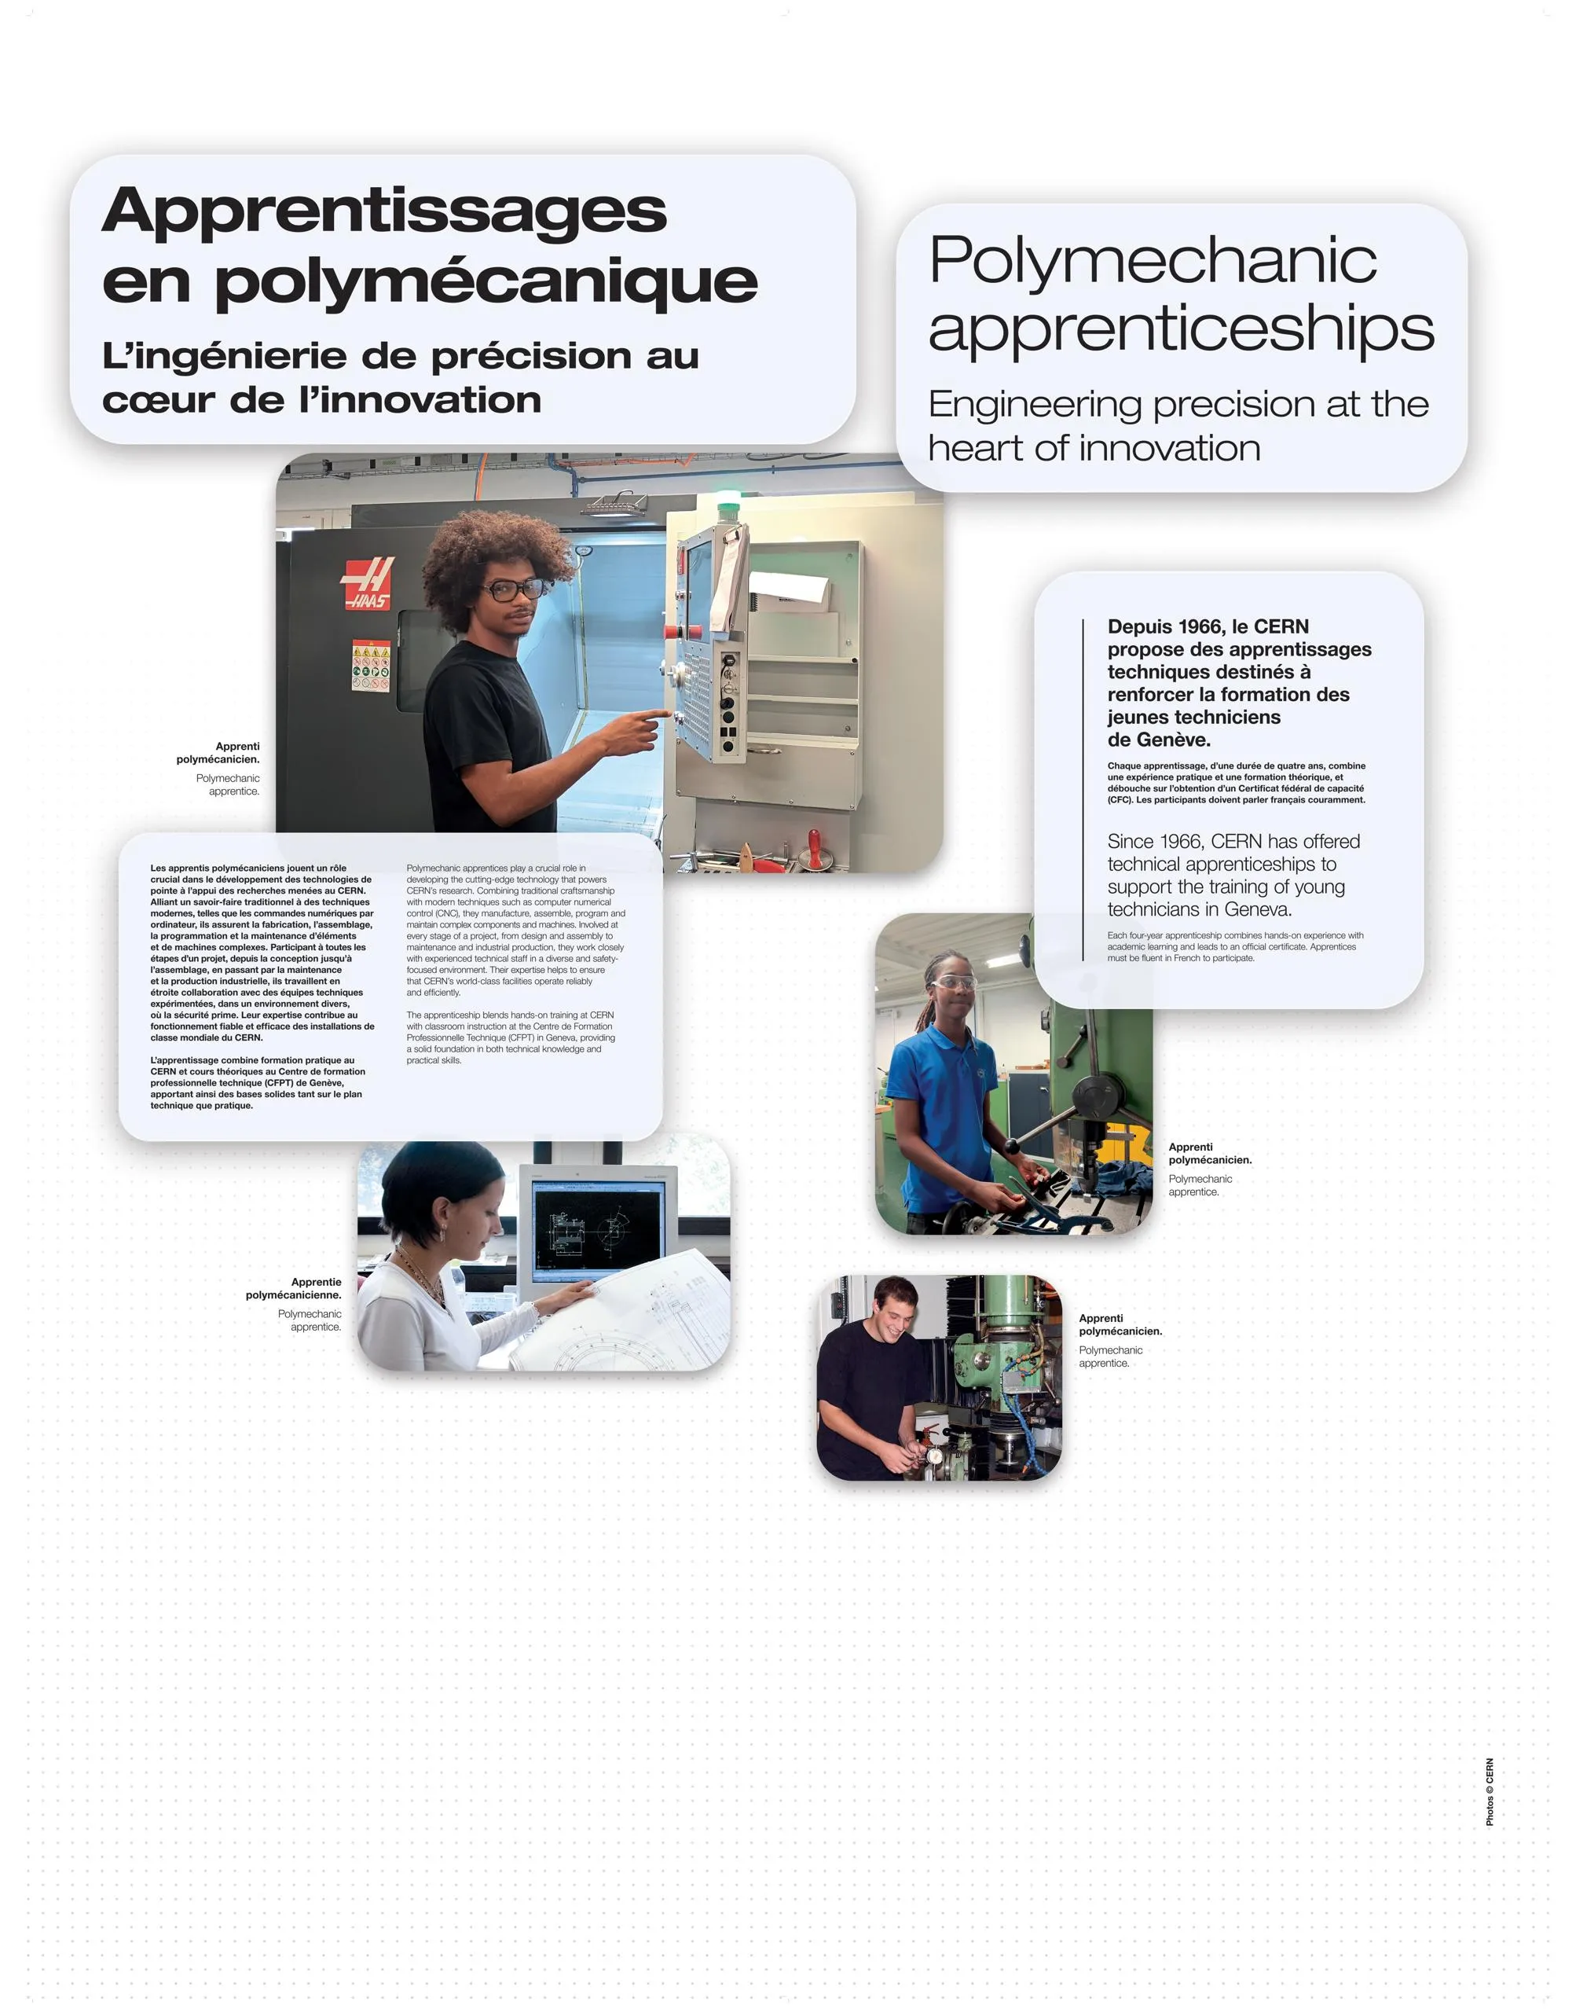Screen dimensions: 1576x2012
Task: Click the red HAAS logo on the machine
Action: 368,582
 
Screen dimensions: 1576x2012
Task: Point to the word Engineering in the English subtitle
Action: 1035,406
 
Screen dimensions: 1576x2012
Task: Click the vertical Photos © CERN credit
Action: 1490,1791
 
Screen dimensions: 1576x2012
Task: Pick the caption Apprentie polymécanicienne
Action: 293,1288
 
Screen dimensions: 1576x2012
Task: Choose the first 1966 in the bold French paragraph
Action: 1186,626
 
